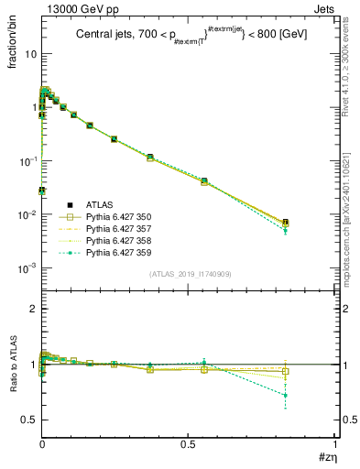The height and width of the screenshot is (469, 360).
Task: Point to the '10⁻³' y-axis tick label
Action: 27,268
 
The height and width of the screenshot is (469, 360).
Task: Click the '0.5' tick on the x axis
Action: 188,443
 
